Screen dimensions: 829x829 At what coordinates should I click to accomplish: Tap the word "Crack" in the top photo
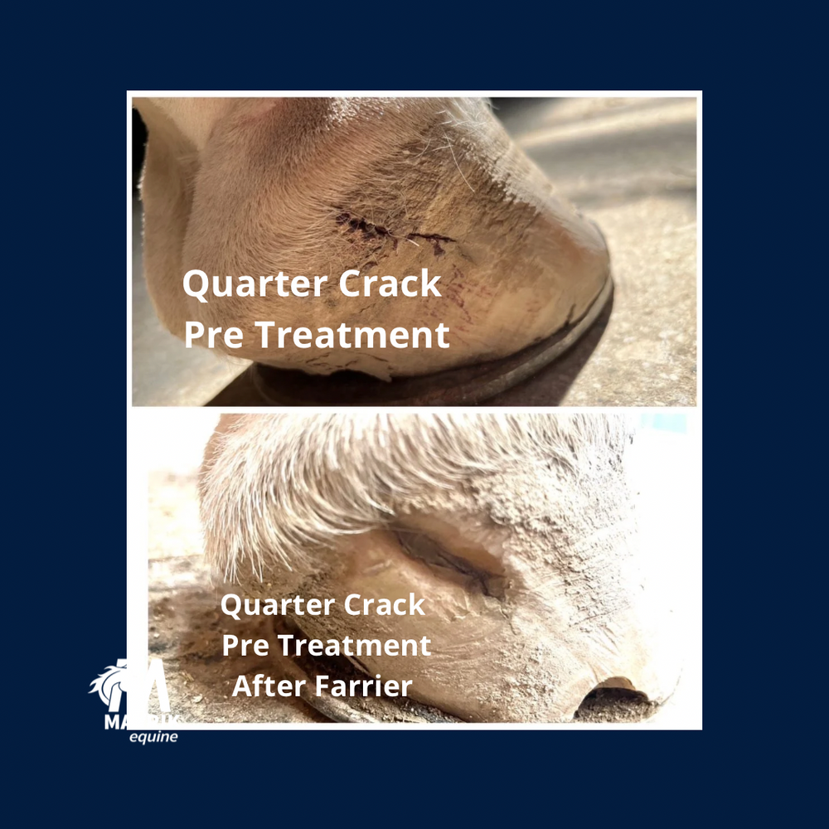click(x=391, y=285)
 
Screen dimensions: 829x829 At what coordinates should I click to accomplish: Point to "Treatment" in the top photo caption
click(x=351, y=335)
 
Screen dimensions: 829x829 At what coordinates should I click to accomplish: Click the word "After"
click(x=264, y=686)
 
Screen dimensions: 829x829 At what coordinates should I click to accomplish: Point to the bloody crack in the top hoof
click(x=390, y=231)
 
